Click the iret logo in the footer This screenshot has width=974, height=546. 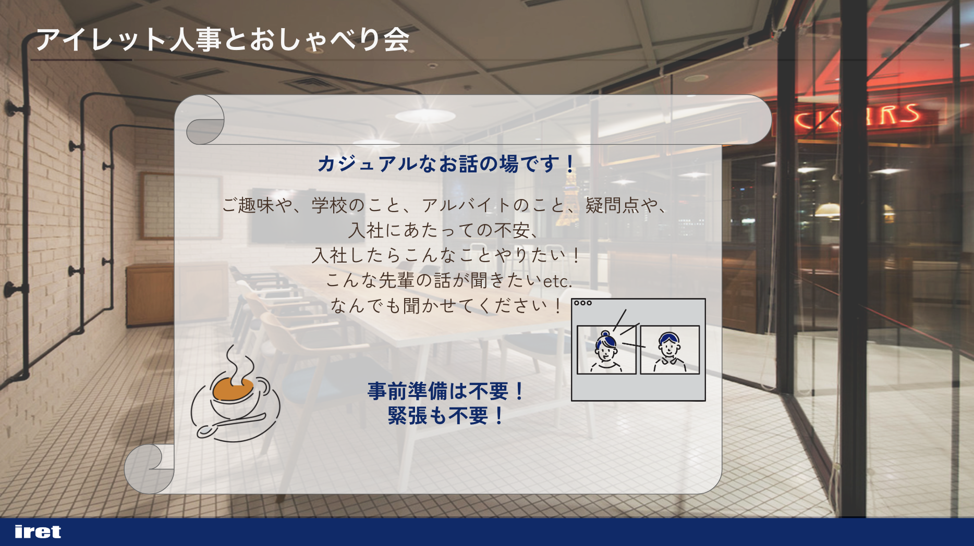(38, 531)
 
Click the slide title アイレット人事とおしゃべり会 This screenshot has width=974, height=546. (223, 40)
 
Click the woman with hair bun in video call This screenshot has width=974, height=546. (606, 350)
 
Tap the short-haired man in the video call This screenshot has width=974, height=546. (669, 350)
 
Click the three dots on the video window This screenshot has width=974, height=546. (582, 303)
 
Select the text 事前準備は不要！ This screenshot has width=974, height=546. (446, 391)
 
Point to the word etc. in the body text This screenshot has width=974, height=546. (558, 281)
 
